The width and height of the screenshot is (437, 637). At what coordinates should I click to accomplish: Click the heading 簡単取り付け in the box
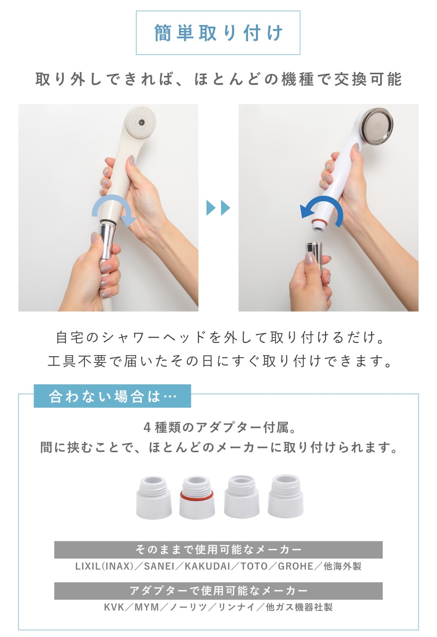pos(218,33)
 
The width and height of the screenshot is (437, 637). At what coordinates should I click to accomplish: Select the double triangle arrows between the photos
pos(218,208)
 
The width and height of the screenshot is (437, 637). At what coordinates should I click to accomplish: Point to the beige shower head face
pos(141,122)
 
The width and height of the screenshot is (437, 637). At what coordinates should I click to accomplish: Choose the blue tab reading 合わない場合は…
pos(113,396)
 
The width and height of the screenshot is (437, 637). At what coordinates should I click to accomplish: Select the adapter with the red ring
pos(197,498)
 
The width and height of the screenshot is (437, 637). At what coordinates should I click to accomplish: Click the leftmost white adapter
pos(153,498)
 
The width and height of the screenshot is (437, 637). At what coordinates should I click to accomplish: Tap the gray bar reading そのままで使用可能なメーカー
pos(218,549)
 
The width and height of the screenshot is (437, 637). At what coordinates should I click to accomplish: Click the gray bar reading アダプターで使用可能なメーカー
pos(218,591)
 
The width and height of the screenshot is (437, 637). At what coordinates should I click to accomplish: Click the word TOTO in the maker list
pos(254,566)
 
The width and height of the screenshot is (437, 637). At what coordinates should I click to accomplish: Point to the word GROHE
pos(296,566)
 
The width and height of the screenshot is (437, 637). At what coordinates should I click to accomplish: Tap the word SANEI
pos(159,566)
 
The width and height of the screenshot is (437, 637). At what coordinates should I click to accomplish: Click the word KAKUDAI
pos(208,566)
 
